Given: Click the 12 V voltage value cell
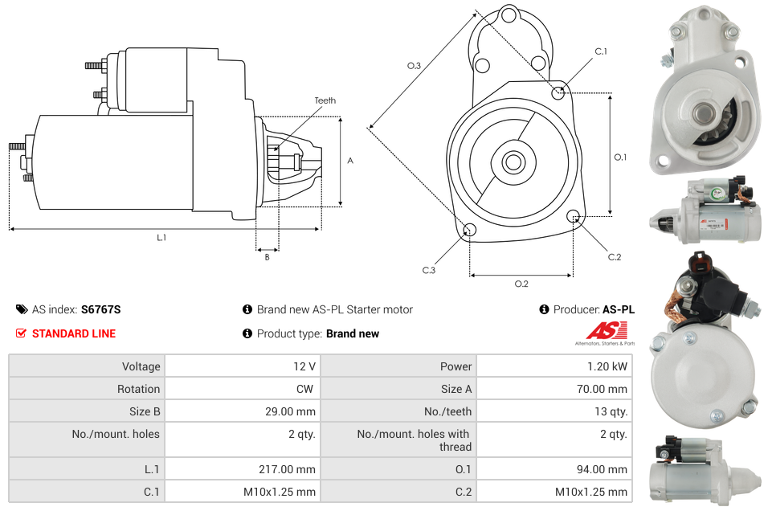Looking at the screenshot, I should click(x=304, y=366).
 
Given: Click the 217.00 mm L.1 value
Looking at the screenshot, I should click(x=293, y=469).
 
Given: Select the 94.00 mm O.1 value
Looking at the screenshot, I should click(x=607, y=469).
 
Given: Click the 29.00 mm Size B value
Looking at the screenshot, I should click(x=293, y=411).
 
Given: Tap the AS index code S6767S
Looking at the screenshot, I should click(x=100, y=309).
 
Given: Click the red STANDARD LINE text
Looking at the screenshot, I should click(x=73, y=333).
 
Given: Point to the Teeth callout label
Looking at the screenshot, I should click(x=325, y=100).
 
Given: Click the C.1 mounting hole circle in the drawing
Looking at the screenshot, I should click(x=558, y=92).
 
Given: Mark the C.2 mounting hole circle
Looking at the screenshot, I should click(x=574, y=216).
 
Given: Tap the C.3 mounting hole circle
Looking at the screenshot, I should click(x=470, y=231).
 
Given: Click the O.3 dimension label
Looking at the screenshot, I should click(x=415, y=66).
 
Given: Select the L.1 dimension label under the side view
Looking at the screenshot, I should click(x=161, y=238).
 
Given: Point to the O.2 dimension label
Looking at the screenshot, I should click(x=521, y=284).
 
